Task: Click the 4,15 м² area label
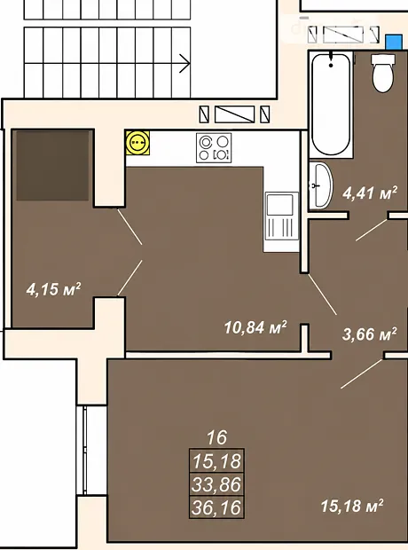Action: (53, 289)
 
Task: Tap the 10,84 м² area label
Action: (255, 327)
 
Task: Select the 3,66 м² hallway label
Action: (369, 334)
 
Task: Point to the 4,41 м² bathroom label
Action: (370, 192)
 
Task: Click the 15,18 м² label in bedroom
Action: (352, 506)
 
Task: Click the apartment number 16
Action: (216, 437)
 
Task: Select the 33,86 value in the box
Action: (216, 484)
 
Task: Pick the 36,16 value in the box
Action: (216, 507)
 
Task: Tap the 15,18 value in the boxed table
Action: (216, 460)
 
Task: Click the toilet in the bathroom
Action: (383, 73)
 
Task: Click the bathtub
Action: (331, 104)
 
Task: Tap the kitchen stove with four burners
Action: (214, 147)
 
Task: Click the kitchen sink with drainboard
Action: (282, 216)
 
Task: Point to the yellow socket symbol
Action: (137, 143)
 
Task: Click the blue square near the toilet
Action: (394, 42)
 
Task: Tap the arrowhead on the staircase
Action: (185, 64)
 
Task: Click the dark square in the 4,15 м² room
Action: (52, 166)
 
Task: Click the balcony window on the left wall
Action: (84, 451)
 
